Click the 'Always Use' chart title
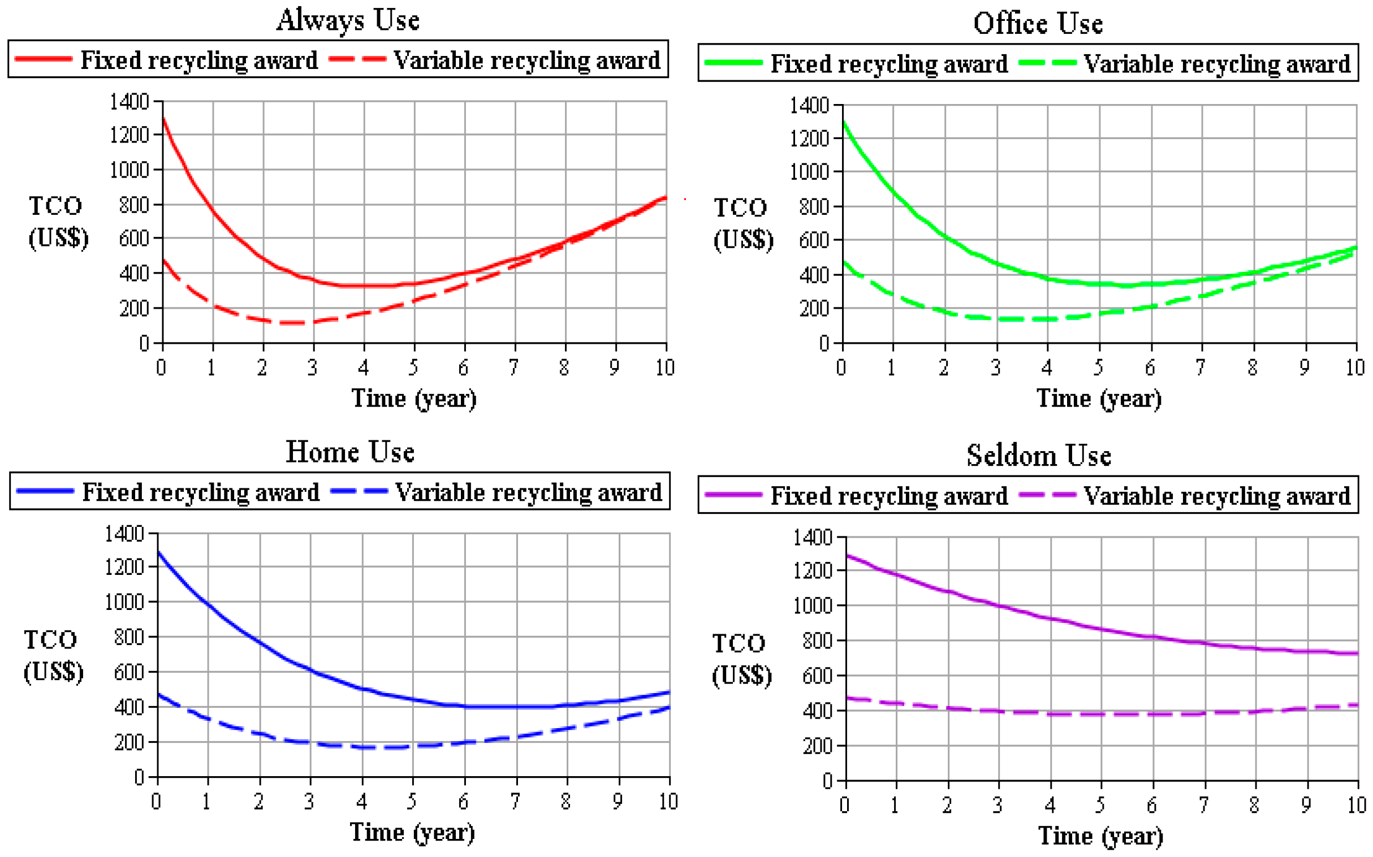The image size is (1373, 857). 348,20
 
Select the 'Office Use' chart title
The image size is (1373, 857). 1038,24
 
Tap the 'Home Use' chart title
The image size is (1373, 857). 350,452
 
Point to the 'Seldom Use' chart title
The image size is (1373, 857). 1038,455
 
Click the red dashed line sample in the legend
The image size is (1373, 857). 357,59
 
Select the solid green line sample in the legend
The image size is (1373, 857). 732,62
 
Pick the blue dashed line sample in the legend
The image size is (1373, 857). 359,491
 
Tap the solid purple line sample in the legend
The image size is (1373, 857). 732,495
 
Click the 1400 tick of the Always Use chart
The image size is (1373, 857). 129,102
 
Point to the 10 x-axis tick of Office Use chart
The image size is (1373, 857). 1355,368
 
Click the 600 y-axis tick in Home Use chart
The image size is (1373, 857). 129,672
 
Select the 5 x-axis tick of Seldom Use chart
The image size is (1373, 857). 1100,804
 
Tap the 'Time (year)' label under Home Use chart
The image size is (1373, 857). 412,833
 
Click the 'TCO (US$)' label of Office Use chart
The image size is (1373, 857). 742,223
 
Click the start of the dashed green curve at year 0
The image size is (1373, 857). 844,262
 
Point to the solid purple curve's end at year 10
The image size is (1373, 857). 1357,653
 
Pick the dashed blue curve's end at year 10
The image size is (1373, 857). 669,707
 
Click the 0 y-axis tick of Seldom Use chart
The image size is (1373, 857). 827,781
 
